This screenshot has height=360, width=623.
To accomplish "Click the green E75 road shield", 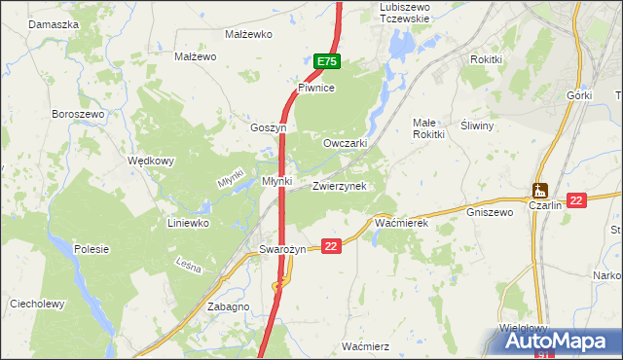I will point(327,61).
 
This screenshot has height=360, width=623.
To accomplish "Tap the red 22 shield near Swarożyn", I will point(331,247).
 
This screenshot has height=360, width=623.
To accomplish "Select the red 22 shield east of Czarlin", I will point(576,199).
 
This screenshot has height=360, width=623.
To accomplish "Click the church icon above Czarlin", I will point(540,190).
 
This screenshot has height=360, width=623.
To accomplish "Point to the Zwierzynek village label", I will point(339,186).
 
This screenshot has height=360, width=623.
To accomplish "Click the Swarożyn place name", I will point(283,249).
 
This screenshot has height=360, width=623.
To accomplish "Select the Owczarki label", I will point(345,143).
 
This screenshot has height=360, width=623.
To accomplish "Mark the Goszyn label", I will point(268,127).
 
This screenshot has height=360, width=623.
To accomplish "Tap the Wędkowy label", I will point(151,162).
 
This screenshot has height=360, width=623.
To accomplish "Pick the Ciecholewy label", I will point(37,304).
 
